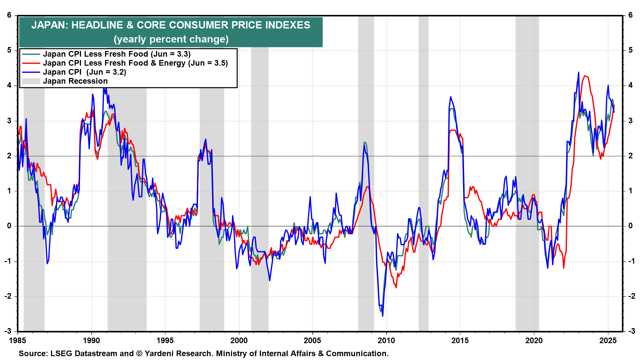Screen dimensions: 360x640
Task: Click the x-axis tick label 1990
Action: pyautogui.click(x=91, y=340)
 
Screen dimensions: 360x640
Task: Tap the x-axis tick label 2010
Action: pyautogui.click(x=386, y=340)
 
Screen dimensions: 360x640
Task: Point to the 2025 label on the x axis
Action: pyautogui.click(x=608, y=340)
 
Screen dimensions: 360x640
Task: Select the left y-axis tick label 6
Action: pyautogui.click(x=9, y=15)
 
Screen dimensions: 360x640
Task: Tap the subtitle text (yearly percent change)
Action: pyautogui.click(x=171, y=39)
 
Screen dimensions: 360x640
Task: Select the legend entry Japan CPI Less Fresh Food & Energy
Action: pyautogui.click(x=135, y=63)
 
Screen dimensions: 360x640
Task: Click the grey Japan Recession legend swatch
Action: pyautogui.click(x=31, y=81)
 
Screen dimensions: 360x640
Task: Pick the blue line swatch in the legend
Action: pyautogui.click(x=31, y=72)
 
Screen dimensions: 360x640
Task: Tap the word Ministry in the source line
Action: pyautogui.click(x=230, y=353)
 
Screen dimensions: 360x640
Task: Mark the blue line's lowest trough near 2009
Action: pyautogui.click(x=382, y=316)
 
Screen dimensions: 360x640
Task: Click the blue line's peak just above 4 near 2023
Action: pyautogui.click(x=578, y=72)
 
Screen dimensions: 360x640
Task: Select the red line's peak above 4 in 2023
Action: pyautogui.click(x=585, y=76)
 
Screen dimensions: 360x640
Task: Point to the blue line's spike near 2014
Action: pyautogui.click(x=451, y=97)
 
